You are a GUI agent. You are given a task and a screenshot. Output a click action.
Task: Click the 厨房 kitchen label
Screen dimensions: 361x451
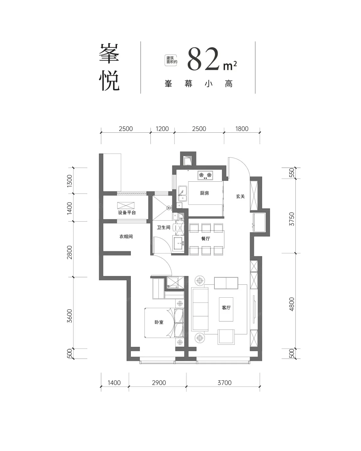(x=204, y=193)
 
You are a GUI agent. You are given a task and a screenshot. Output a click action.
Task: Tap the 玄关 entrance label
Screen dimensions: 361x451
(x=240, y=196)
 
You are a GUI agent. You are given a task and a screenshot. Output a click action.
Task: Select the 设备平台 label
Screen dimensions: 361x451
(x=127, y=213)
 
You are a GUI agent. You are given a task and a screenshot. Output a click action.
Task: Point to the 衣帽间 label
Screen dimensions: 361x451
(x=126, y=236)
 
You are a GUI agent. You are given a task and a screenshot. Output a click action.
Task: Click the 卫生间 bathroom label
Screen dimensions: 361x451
(x=164, y=227)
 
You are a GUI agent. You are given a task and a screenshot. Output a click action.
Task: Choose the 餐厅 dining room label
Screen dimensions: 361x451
(x=206, y=238)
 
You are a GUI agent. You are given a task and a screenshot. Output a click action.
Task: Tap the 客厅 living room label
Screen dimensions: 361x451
(x=226, y=307)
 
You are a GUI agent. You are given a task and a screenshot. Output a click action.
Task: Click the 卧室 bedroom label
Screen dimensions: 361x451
(x=159, y=322)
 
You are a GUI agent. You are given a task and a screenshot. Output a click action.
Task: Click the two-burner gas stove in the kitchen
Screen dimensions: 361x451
(x=205, y=175)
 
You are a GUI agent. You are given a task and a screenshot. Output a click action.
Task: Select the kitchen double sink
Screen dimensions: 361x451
(x=183, y=193)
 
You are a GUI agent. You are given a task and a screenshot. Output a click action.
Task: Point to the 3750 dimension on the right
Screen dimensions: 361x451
(x=292, y=219)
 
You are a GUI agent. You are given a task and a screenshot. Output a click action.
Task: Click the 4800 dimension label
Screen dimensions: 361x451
(x=292, y=304)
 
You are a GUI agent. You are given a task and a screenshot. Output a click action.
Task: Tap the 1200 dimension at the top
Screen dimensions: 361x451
(x=162, y=129)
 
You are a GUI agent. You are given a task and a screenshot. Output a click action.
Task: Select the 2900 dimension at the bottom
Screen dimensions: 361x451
(x=159, y=383)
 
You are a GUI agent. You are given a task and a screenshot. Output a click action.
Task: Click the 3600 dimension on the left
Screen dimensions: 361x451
(x=69, y=316)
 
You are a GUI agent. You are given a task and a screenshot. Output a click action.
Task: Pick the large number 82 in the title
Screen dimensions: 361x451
(x=203, y=59)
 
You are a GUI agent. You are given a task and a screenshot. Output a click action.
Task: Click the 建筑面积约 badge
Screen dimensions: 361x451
(x=171, y=60)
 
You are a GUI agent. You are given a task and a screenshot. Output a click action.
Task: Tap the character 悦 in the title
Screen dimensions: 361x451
(x=109, y=80)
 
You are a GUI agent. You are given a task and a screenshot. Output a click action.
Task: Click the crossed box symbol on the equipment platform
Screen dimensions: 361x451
(x=126, y=206)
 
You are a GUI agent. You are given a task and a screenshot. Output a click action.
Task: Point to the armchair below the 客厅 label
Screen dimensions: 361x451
(x=226, y=337)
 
